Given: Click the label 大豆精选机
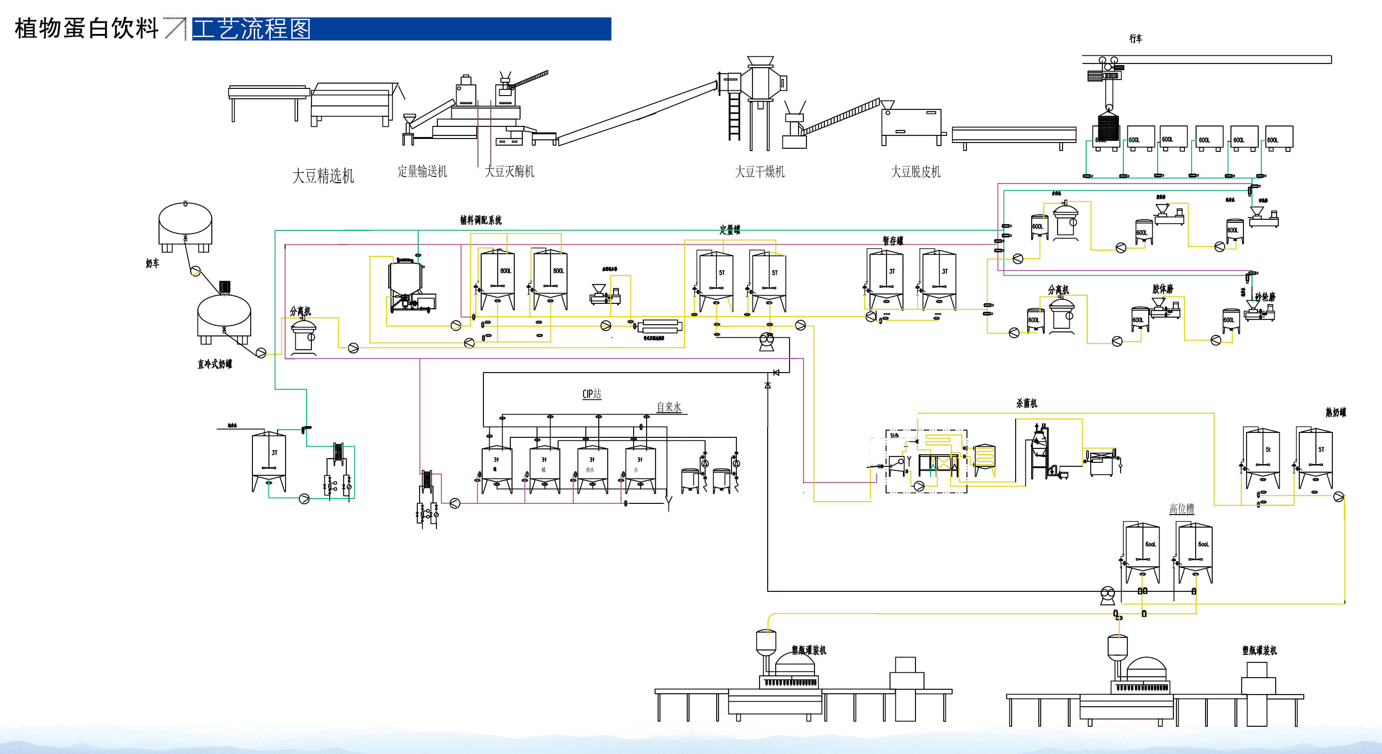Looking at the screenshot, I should (323, 176).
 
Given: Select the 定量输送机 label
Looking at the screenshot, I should (422, 172).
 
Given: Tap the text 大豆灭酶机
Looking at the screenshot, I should (509, 172).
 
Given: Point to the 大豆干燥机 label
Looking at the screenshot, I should (759, 172).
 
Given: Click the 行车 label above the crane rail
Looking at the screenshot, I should (1135, 38).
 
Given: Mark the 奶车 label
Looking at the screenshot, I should (152, 263).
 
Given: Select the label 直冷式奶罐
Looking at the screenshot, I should (214, 364).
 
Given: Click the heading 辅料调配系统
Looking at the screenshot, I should (481, 220).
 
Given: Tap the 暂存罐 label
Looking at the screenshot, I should (893, 241).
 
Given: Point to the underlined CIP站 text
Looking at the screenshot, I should (592, 394).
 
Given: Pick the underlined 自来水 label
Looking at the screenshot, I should (669, 407).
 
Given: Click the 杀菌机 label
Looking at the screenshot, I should (1026, 403).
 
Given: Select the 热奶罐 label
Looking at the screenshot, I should (1336, 412).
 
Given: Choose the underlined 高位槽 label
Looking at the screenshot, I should (1182, 508).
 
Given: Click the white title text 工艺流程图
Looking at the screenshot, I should (252, 29).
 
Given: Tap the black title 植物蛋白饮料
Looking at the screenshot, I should (86, 29).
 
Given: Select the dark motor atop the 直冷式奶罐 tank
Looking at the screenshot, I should (225, 287).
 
